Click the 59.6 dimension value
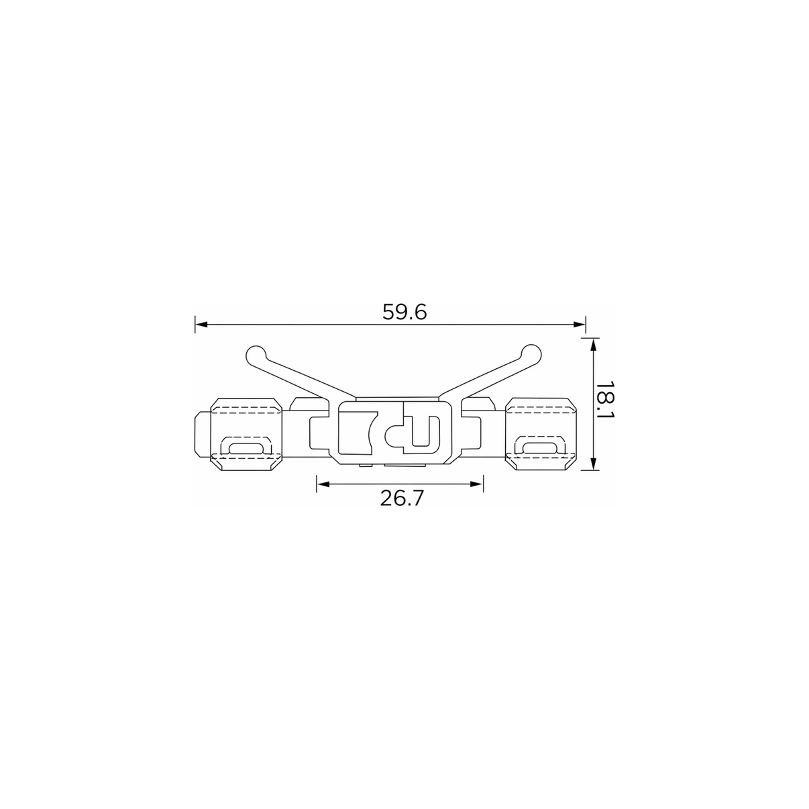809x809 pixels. (404, 313)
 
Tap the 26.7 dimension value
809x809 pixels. (402, 498)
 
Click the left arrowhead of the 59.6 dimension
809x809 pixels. (201, 325)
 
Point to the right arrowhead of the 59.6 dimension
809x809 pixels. (580, 325)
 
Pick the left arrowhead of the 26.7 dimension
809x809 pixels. (323, 484)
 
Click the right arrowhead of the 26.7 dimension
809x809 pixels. (477, 484)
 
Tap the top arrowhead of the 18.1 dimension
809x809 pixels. (593, 344)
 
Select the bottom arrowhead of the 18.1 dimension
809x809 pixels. (593, 464)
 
